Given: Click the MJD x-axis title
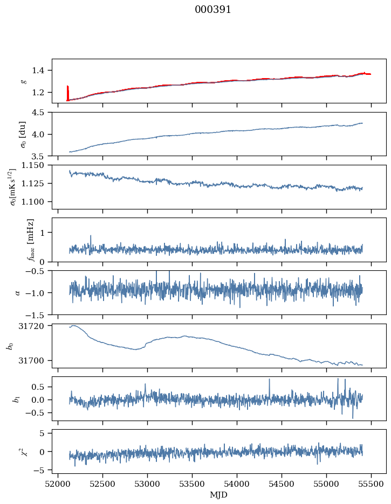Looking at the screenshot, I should (219, 494).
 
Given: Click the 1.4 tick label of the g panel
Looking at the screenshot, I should (42, 71).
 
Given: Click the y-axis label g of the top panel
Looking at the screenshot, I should (23, 81).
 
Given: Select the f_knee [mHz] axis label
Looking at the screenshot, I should (30, 240).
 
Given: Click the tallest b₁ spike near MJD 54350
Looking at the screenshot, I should (269, 380).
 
